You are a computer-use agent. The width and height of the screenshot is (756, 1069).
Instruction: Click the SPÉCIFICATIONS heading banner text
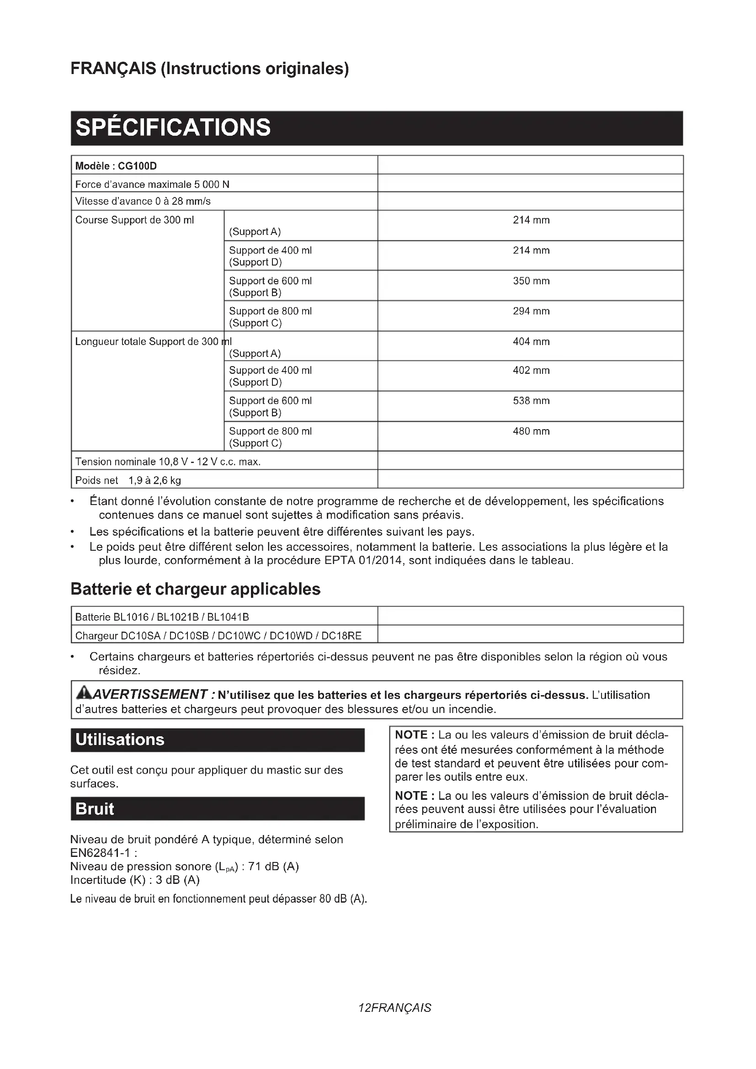pyautogui.click(x=173, y=128)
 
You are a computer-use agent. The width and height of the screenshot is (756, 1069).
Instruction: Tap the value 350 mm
pyautogui.click(x=531, y=281)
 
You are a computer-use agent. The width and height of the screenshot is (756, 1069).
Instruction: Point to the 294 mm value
pyautogui.click(x=531, y=311)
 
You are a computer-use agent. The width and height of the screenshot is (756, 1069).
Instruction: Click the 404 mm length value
pyautogui.click(x=531, y=341)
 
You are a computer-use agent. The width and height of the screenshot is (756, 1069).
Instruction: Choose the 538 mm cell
pyautogui.click(x=531, y=400)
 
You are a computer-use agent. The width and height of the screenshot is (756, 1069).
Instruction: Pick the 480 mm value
pyautogui.click(x=531, y=431)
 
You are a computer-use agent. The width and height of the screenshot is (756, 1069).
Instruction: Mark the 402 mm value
pyautogui.click(x=531, y=370)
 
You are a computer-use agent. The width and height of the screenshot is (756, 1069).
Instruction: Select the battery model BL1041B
pyautogui.click(x=228, y=617)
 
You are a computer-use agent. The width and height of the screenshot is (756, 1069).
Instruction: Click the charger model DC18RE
pyautogui.click(x=341, y=636)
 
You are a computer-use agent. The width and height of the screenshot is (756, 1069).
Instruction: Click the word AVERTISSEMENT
pyautogui.click(x=150, y=695)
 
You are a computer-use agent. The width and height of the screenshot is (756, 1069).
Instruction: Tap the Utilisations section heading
pyautogui.click(x=120, y=739)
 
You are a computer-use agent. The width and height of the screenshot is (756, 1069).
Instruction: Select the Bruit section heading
pyautogui.click(x=95, y=809)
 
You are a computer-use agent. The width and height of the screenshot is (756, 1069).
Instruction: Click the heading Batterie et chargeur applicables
pyautogui.click(x=196, y=589)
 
